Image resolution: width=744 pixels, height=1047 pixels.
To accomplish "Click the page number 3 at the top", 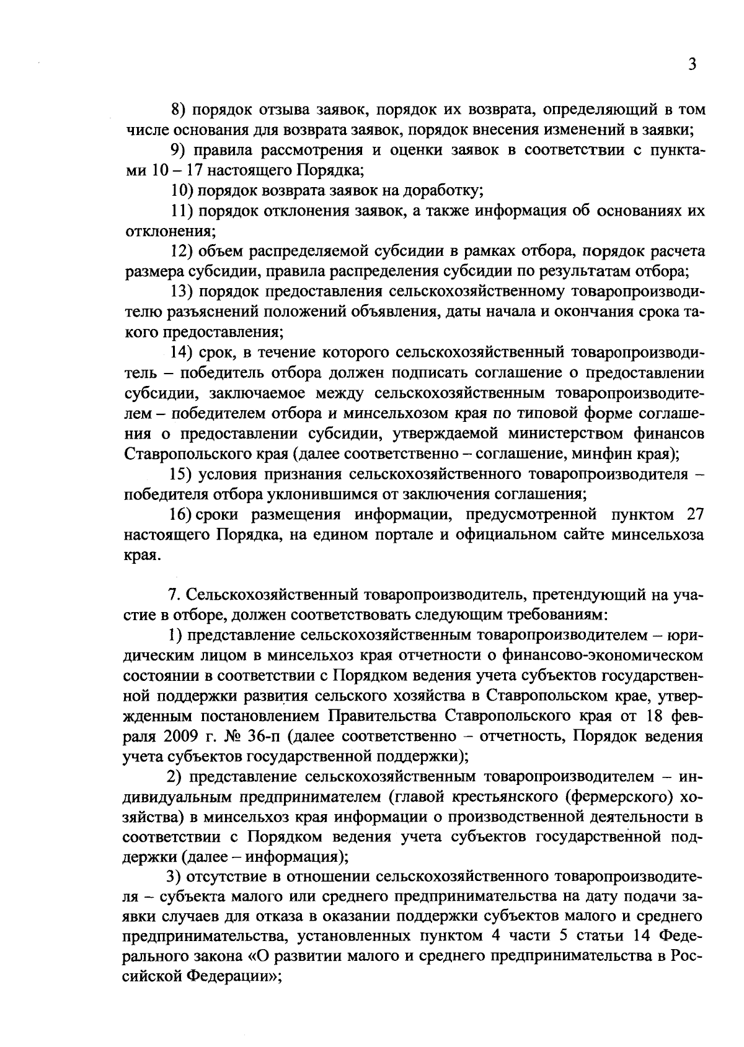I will [693, 65].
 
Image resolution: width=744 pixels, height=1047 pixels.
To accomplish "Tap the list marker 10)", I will [182, 190].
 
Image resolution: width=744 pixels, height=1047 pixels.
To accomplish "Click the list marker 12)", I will [182, 251].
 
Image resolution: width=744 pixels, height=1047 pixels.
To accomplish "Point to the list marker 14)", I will [182, 353].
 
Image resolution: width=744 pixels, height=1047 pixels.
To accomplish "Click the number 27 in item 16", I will [693, 514].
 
